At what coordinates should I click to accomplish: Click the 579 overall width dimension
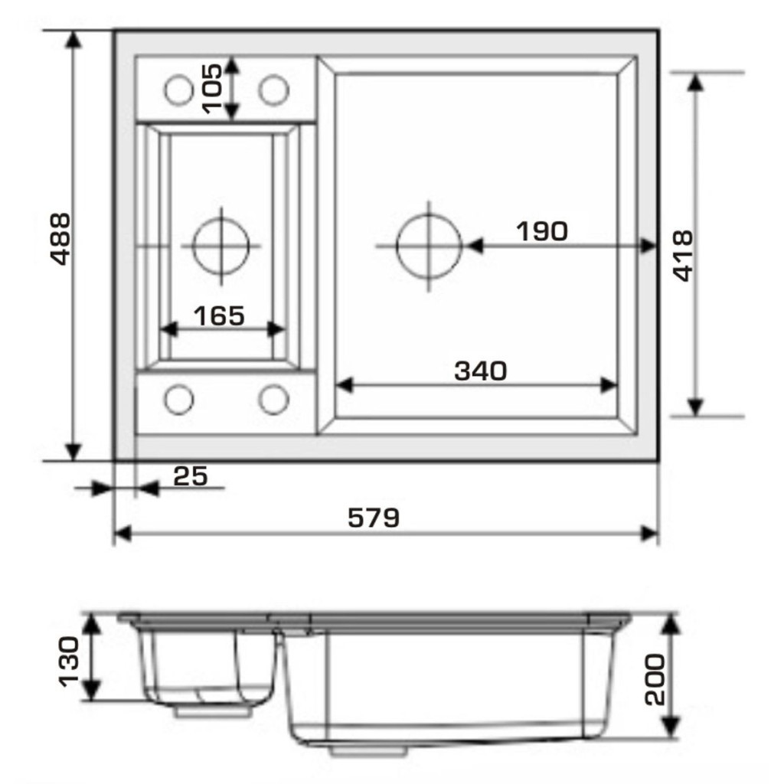374,518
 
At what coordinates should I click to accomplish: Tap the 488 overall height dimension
61,239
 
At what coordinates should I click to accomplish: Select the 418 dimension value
682,256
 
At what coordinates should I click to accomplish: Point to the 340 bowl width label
481,371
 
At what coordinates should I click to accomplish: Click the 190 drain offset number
542,231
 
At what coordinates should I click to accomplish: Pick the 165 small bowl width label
219,316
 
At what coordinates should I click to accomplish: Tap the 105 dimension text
211,89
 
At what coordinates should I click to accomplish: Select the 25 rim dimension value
190,476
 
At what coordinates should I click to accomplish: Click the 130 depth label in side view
69,661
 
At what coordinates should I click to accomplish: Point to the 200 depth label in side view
655,680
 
